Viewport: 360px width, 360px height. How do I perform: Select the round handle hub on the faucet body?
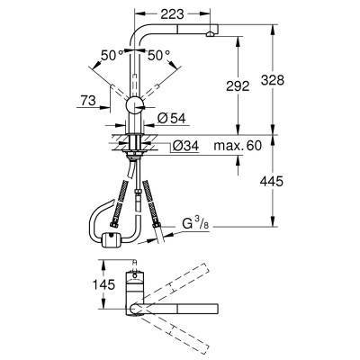134,105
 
